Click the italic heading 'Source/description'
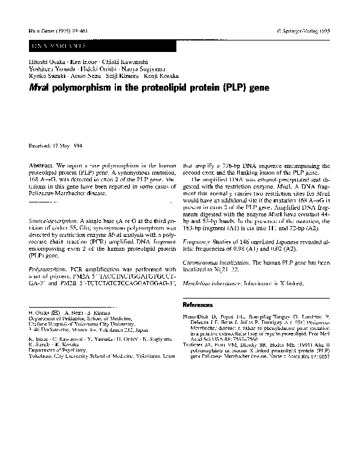pos(55,222)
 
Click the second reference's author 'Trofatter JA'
pos(198,344)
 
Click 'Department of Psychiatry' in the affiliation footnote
pos(55,351)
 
